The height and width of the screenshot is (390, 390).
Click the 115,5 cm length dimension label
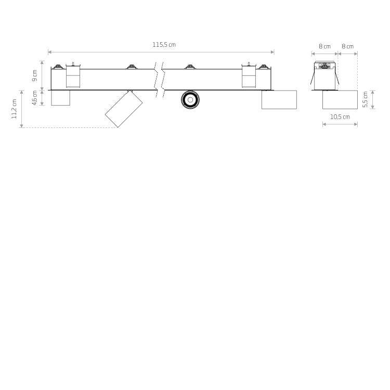(164, 45)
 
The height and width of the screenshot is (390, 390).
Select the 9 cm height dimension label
(34, 75)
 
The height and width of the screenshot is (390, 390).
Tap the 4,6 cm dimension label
(34, 98)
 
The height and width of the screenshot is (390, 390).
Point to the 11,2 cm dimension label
(14, 109)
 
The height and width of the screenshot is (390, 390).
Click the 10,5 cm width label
(340, 117)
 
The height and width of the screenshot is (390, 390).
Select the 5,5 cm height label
(365, 99)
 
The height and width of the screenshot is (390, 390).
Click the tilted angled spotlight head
(124, 109)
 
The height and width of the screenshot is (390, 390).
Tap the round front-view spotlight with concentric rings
(190, 100)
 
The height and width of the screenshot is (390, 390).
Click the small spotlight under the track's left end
(60, 98)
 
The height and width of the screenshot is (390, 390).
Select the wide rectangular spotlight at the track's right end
(279, 100)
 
